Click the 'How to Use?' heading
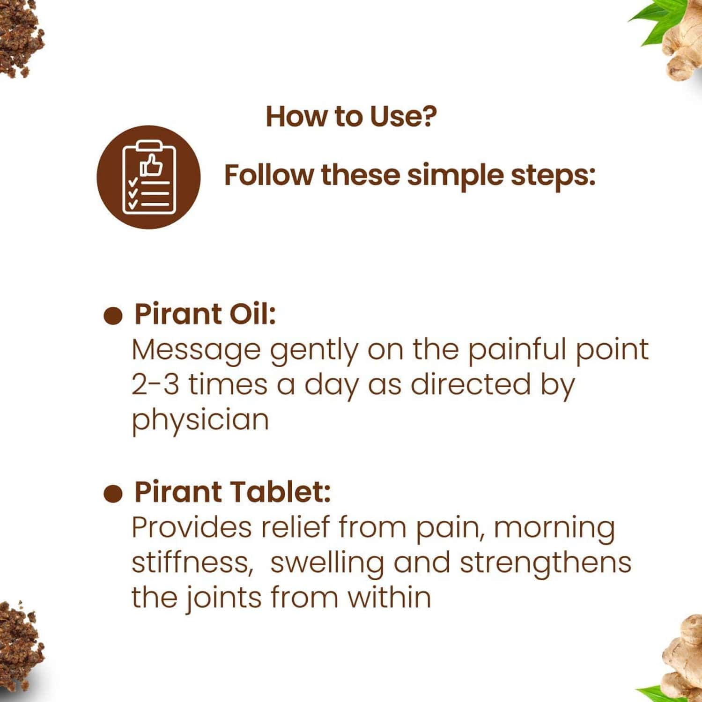tap(351, 117)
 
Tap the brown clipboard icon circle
tap(148, 177)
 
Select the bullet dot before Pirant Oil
tap(112, 316)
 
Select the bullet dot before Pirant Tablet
tap(112, 494)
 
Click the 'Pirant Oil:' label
tap(205, 314)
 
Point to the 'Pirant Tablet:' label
tap(232, 492)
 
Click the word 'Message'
tap(196, 350)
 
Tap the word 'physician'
tap(200, 420)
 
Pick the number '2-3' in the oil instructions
tap(155, 385)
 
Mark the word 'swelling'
tap(327, 562)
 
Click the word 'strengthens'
tap(545, 562)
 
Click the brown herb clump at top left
tap(19, 40)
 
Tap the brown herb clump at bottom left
tap(19, 649)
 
